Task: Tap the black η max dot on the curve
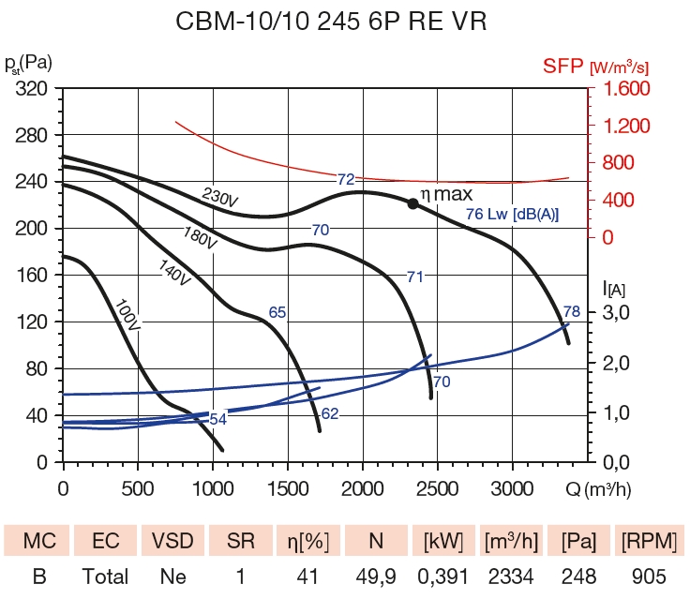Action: (x=412, y=202)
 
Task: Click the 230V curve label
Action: (x=220, y=197)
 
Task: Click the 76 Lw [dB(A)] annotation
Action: (x=512, y=215)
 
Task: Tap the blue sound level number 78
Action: (x=571, y=311)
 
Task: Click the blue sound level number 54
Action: (x=217, y=419)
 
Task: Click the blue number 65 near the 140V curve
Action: (x=277, y=312)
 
